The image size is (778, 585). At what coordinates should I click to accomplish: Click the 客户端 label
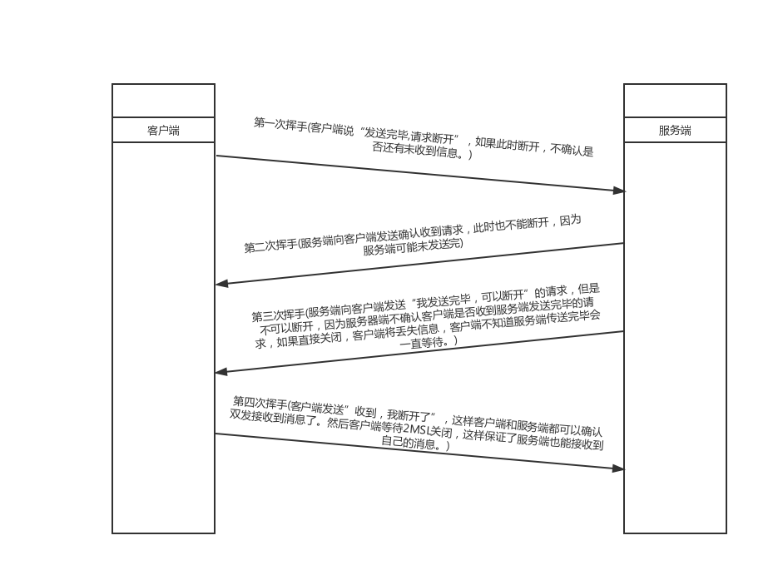(163, 131)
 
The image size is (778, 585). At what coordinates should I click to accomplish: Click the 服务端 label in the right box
(675, 131)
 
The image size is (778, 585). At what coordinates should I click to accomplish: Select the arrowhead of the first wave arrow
(618, 191)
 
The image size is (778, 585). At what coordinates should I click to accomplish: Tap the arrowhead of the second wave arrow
(222, 284)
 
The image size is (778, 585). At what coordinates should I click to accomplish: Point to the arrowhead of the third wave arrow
(221, 371)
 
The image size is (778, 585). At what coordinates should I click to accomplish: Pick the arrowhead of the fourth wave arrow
(618, 468)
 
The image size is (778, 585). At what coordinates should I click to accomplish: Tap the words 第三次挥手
(278, 315)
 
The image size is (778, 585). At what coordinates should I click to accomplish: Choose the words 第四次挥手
(260, 402)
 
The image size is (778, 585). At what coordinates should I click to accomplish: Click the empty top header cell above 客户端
(163, 101)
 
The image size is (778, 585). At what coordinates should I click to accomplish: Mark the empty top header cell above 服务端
(675, 101)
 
